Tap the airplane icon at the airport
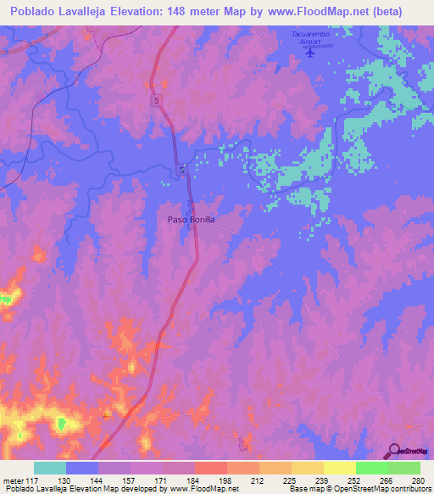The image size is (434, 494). click(x=309, y=51)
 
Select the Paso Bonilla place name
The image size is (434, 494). click(x=191, y=220)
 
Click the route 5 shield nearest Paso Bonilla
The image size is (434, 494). click(x=182, y=171)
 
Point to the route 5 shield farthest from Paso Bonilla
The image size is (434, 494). click(x=157, y=100)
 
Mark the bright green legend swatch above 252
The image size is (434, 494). click(x=371, y=468)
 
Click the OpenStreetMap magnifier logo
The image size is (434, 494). click(x=393, y=450)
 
